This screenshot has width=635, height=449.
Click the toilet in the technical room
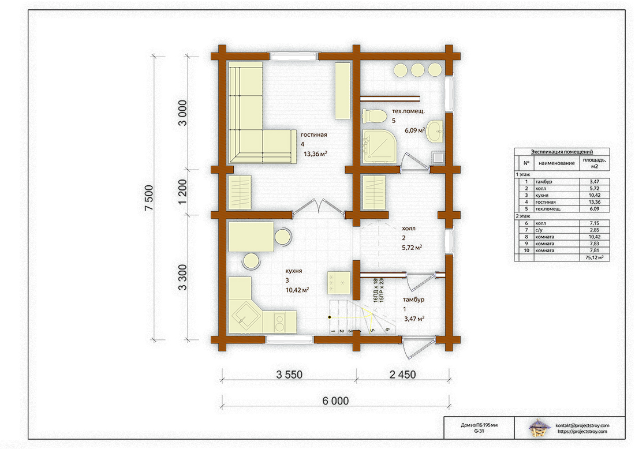tap(374, 116)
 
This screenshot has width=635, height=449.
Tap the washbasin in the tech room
tap(435, 131)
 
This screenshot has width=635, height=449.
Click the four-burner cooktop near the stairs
tap(338, 282)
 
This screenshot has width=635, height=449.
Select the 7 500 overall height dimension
tap(149, 197)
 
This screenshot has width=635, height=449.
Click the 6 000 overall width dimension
tap(335, 401)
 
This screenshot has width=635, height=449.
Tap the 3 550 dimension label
tap(289, 375)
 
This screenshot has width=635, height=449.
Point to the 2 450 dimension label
tap(402, 375)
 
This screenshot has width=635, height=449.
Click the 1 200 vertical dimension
tap(182, 192)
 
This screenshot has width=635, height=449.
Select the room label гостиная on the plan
tap(314, 135)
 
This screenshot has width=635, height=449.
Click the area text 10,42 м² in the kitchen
tap(298, 290)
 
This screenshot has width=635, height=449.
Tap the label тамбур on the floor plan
tap(413, 300)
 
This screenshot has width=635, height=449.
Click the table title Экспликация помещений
tap(562, 152)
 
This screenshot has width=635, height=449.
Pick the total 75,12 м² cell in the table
tap(594, 257)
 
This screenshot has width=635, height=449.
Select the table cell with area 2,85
tap(594, 230)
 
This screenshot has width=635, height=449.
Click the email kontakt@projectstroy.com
tap(582, 425)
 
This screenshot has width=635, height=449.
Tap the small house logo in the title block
tap(539, 428)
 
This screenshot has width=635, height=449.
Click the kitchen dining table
tap(251, 237)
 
